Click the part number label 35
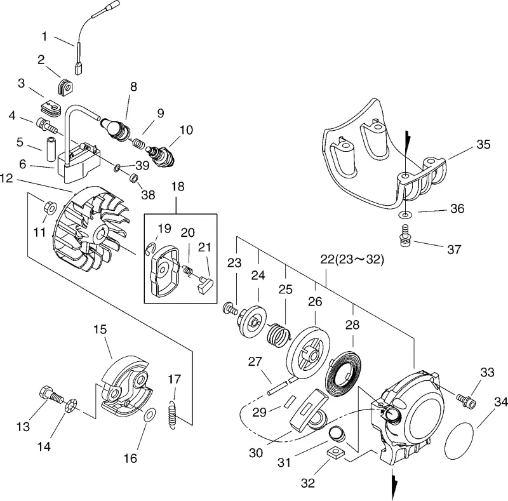pyautogui.click(x=483, y=144)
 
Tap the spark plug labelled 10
pyautogui.click(x=160, y=156)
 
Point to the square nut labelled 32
pyautogui.click(x=335, y=452)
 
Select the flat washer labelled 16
pyautogui.click(x=149, y=415)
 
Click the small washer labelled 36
pyautogui.click(x=404, y=214)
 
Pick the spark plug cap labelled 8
pyautogui.click(x=116, y=128)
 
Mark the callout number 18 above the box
pyautogui.click(x=178, y=187)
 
